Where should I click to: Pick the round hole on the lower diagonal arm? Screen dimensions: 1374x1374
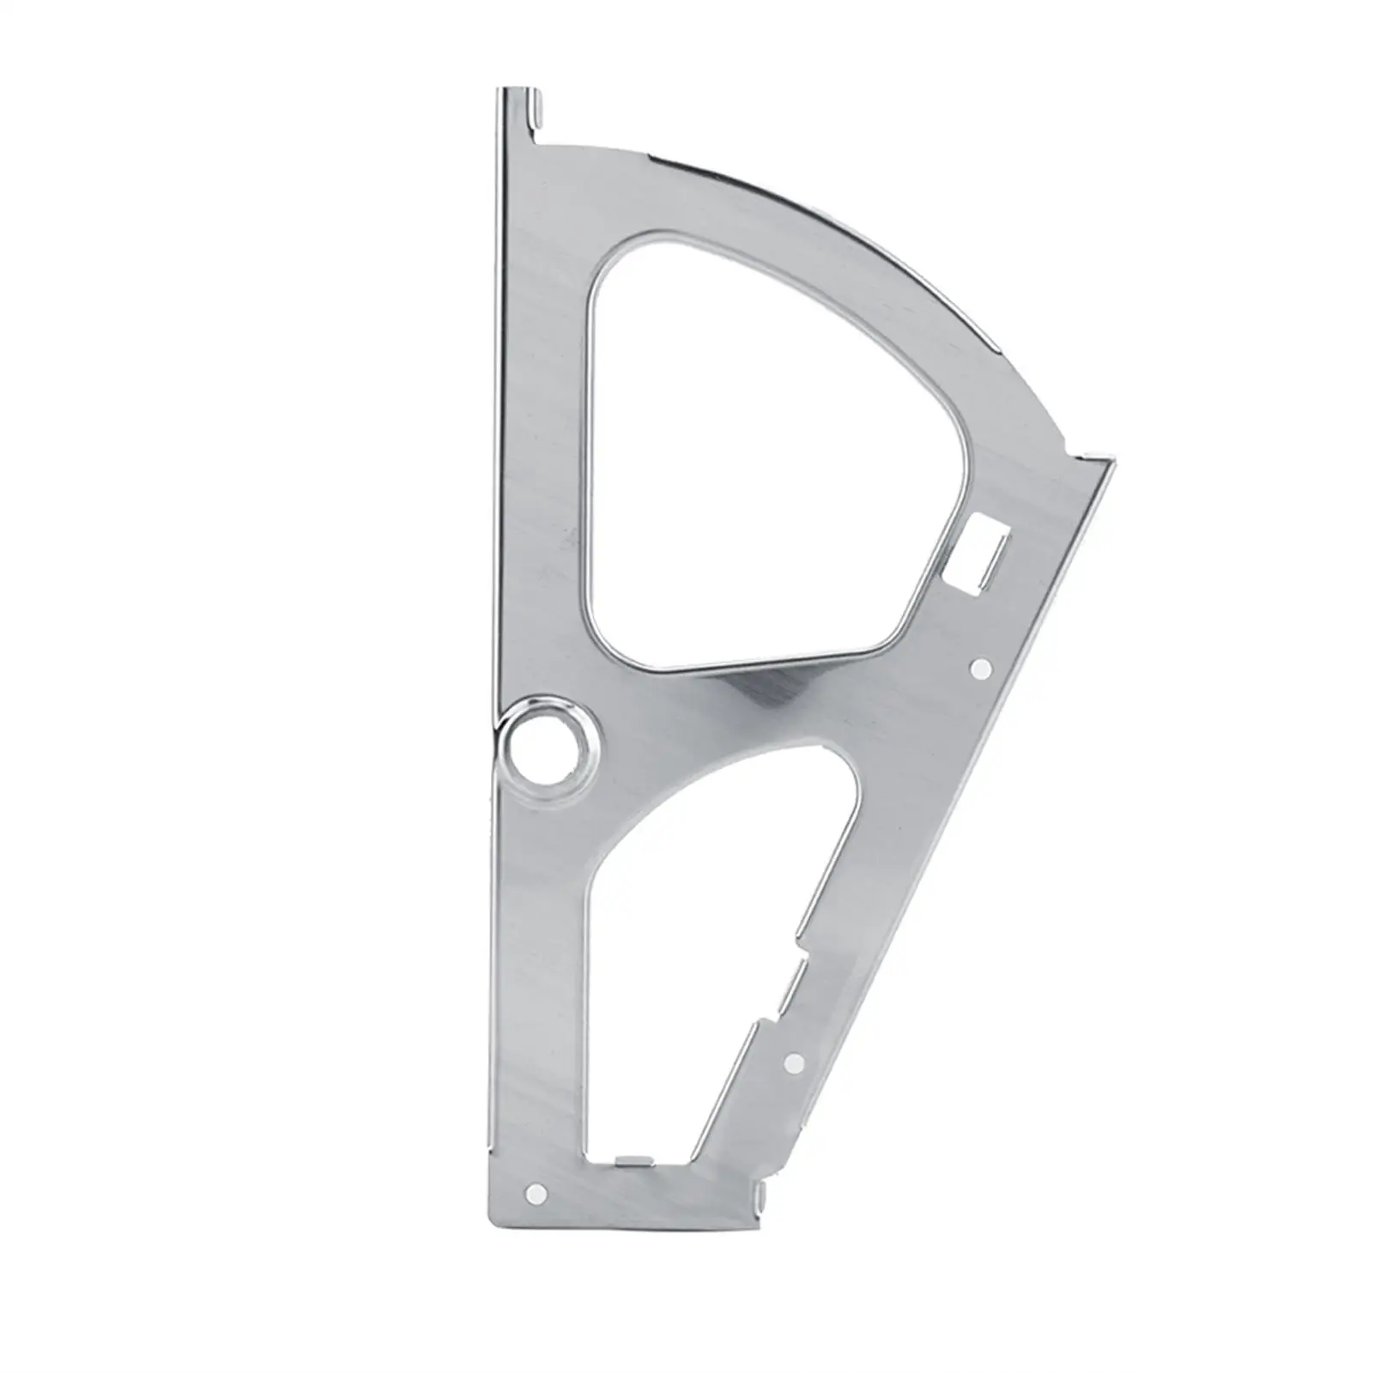pos(794,1062)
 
